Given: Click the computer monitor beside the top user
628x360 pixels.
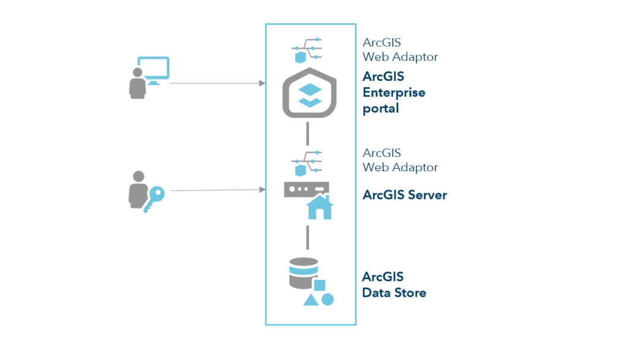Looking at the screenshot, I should [x=153, y=70].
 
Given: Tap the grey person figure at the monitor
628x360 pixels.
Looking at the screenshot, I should [x=137, y=83].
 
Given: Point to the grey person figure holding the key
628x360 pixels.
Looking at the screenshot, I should [x=137, y=191].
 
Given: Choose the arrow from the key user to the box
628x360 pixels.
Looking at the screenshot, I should [x=218, y=190].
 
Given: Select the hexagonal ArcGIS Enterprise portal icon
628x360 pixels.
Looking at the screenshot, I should [x=310, y=93].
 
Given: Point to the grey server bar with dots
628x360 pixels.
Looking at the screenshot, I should [x=305, y=189].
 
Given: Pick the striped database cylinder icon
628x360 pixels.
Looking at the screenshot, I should [x=303, y=274].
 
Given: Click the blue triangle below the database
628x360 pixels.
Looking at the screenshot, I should [x=310, y=299].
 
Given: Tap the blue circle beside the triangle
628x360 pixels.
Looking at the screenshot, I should [x=327, y=299].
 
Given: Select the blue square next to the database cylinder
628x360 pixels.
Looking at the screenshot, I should [x=320, y=285].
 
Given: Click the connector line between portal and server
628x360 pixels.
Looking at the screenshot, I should [x=308, y=133].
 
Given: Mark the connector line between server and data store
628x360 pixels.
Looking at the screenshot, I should [x=308, y=236].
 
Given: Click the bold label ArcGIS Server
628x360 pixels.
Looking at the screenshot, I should [x=404, y=195].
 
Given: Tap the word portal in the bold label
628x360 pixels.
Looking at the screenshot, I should [x=380, y=109].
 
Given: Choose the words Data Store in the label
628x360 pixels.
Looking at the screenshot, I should [x=394, y=293].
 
